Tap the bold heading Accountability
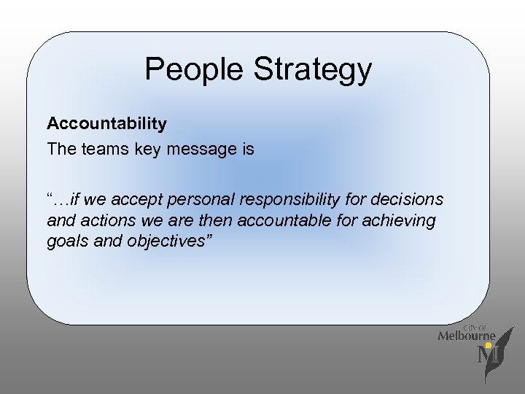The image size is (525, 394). pos(106,124)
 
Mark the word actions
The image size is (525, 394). pos(99,220)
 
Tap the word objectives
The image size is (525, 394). pos(168,242)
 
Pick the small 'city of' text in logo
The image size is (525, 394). pos(475,328)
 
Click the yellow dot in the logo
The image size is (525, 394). pos(489,345)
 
